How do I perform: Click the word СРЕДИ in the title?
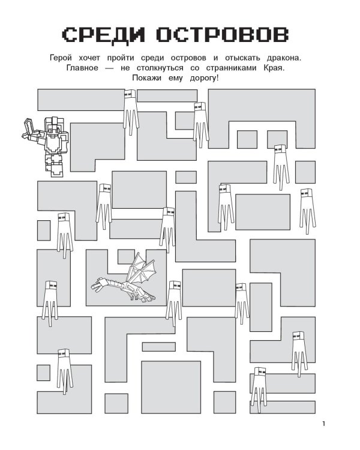103,35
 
